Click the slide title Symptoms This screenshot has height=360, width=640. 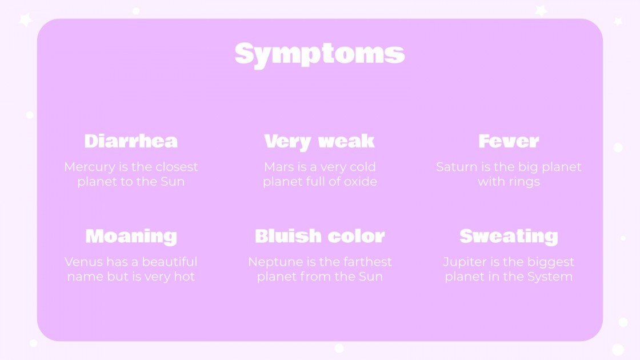pos(319,54)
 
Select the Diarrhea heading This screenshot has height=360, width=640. pos(131,141)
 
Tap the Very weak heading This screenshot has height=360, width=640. pos(319,141)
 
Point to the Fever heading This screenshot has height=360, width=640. pos(509,141)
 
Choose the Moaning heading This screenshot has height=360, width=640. pos(131,236)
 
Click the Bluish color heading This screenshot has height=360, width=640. pos(319,236)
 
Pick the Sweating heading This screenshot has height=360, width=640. pos(509,236)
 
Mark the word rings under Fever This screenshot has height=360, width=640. pos(525,182)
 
